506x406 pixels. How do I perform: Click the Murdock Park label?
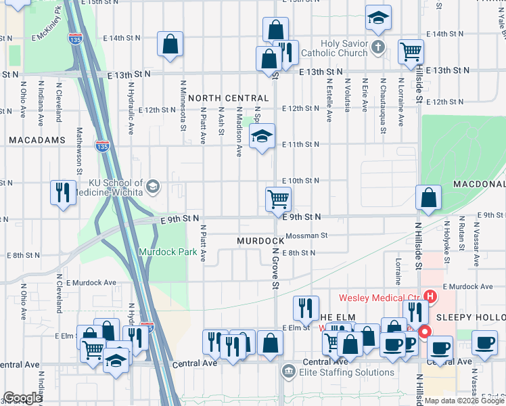point(168,252)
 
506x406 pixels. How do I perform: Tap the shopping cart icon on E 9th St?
point(278,200)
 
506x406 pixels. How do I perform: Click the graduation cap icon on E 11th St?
point(262,136)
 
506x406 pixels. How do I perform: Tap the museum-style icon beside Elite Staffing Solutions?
point(288,371)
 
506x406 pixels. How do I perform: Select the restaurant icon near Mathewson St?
point(62,192)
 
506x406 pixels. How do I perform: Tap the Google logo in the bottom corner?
point(22,398)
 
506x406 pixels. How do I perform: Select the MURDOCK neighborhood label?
point(260,241)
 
